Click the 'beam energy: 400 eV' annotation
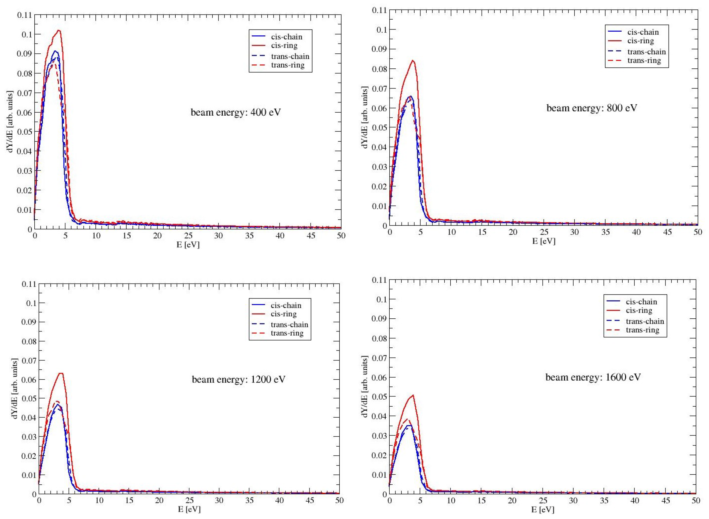236,112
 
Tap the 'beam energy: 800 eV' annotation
592,108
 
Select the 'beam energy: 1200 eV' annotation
238,380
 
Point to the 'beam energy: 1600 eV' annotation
593,377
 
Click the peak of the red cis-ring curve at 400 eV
58,31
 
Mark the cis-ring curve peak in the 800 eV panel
413,61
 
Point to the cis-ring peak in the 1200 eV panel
62,373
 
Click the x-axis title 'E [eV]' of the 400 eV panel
188,245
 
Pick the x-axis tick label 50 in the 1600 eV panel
696,500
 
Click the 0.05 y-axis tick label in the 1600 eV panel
379,397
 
